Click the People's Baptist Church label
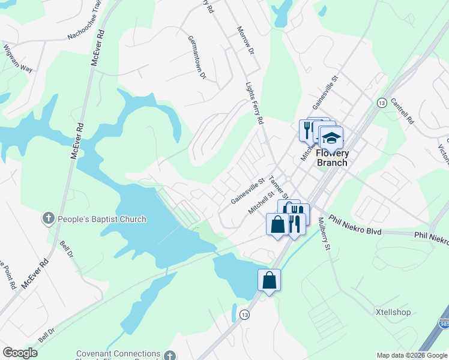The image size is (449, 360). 101,219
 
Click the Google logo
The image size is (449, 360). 20,353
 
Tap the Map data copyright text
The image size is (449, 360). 412,355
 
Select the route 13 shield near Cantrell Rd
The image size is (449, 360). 381,103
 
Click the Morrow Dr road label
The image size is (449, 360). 245,41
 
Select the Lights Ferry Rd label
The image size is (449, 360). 255,103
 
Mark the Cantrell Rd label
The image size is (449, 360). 402,112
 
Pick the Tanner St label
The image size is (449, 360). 279,188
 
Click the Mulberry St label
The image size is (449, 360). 324,233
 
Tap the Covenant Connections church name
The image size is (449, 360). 118,354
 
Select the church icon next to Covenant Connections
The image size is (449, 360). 170,355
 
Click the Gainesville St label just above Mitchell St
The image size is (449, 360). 248,191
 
